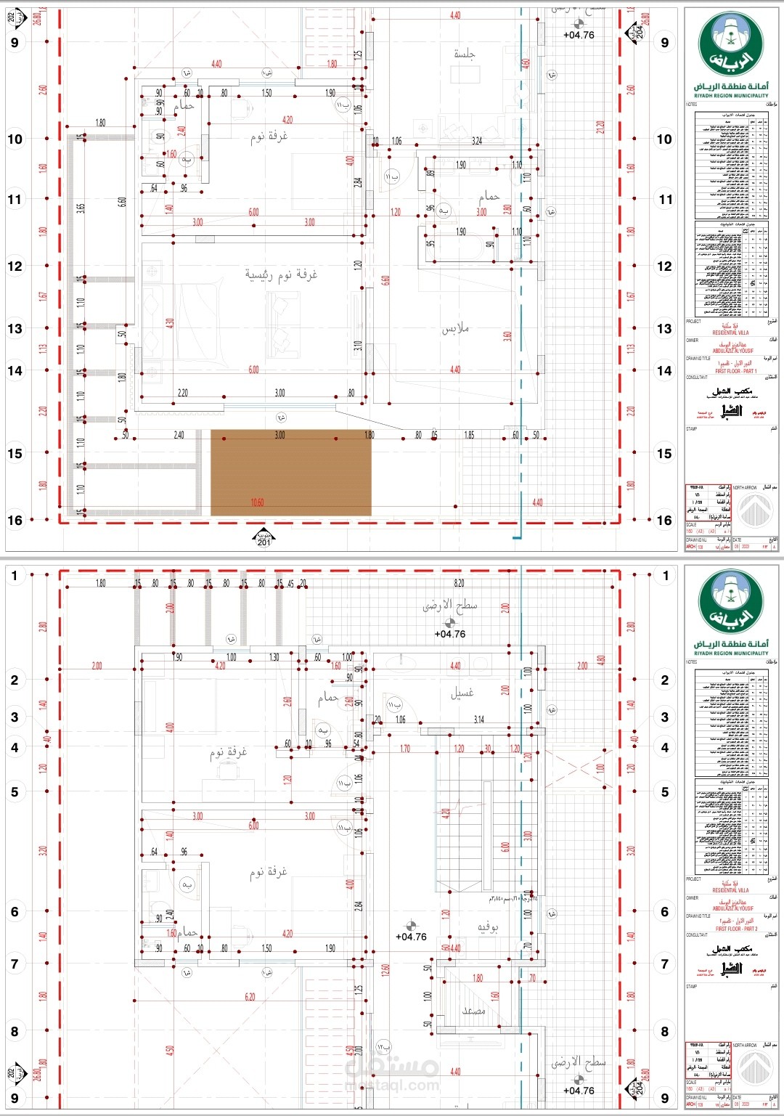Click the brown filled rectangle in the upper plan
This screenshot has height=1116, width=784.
tap(290, 472)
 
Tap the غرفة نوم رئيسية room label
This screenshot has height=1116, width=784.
tap(281, 274)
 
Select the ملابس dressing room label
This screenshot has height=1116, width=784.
tap(455, 329)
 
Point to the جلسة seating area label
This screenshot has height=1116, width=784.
tap(465, 54)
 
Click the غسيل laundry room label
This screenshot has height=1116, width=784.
tap(462, 693)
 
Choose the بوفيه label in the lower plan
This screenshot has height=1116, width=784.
tap(487, 927)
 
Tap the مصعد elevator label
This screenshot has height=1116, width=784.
tap(474, 1010)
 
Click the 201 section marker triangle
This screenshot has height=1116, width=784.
tap(264, 538)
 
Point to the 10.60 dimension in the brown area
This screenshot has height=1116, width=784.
tap(257, 502)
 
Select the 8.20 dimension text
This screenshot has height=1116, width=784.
tap(459, 583)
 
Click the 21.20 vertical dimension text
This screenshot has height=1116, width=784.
tap(600, 128)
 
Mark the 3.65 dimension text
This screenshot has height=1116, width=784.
tap(81, 207)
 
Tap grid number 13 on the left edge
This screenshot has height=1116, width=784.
tap(15, 329)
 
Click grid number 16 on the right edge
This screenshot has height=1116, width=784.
tap(664, 520)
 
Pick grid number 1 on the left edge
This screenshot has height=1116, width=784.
tap(15, 576)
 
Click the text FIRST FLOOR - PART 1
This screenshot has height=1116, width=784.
tap(735, 371)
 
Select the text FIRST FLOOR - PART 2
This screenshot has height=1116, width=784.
tap(735, 929)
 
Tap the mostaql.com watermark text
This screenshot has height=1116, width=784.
tap(392, 1086)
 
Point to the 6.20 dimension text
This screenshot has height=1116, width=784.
tap(250, 997)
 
